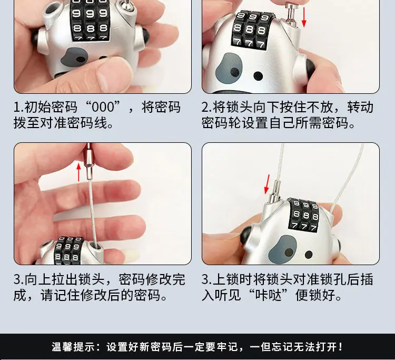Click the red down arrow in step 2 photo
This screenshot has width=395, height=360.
pos(304,17)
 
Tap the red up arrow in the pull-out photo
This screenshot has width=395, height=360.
pos(79,172)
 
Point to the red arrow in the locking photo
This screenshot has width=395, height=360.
pos(267,184)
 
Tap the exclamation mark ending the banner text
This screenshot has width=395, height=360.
pos(341,347)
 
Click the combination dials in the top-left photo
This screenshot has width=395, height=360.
pos(90,20)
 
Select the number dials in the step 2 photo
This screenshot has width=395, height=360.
pos(251,30)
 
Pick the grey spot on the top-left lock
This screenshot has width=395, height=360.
pos(74,57)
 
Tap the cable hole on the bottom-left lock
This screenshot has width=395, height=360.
pos(95,246)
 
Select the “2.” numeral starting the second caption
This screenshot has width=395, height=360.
pos(207,107)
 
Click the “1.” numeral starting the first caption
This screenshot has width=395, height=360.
pos(18,107)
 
